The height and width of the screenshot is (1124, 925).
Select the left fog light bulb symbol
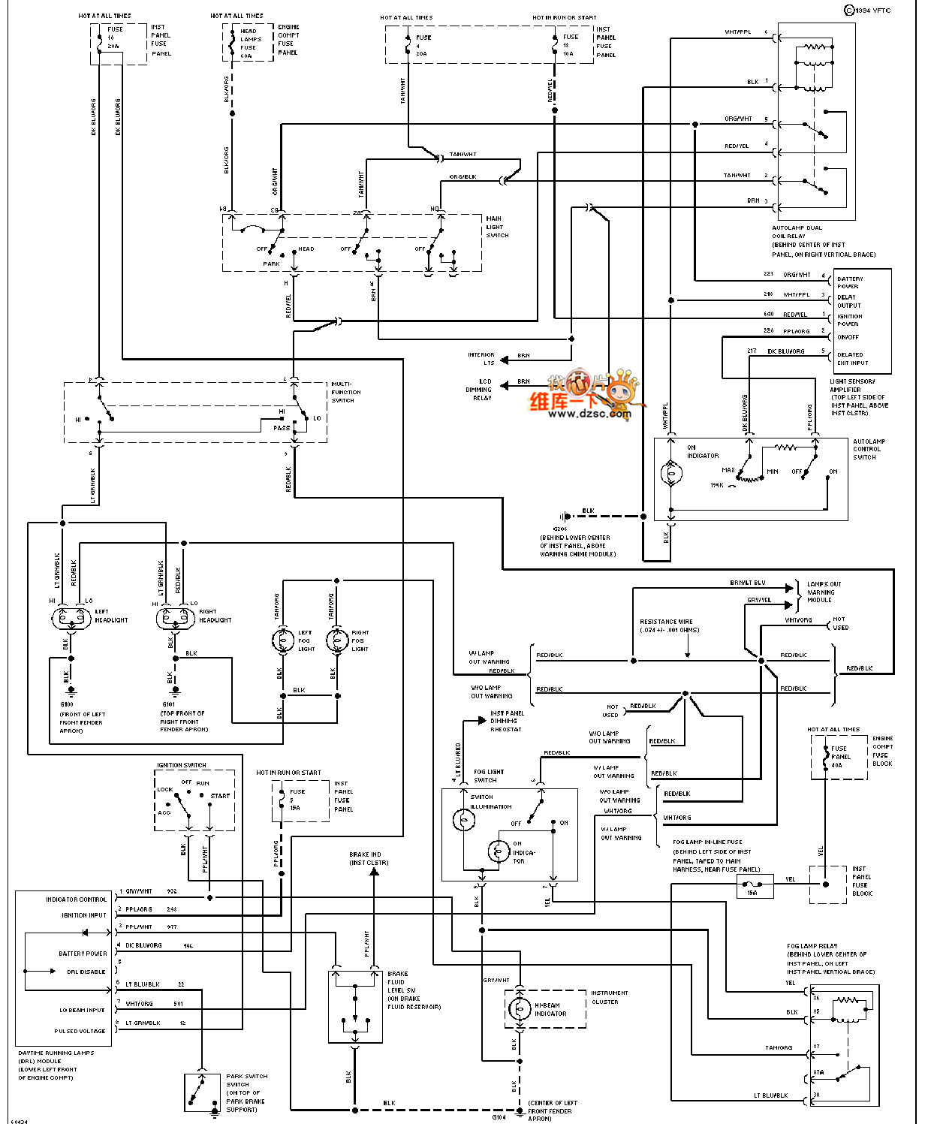coord(283,640)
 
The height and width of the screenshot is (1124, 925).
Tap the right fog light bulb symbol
coord(337,640)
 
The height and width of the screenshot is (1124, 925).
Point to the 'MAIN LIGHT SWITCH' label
coord(496,227)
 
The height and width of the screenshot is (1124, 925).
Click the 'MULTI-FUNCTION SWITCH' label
coord(345,392)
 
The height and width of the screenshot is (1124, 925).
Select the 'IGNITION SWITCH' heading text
coord(182,765)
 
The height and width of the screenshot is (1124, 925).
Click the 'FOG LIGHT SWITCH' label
coord(489,776)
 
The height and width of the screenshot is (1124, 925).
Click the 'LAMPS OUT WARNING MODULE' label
coord(824,592)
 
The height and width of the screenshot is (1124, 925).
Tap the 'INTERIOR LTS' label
coord(481,358)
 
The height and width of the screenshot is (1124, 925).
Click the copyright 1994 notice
coord(868,11)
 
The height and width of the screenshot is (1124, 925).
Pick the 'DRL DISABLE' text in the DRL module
coord(86,972)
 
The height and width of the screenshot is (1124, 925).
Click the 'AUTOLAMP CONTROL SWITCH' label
coord(869,449)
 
